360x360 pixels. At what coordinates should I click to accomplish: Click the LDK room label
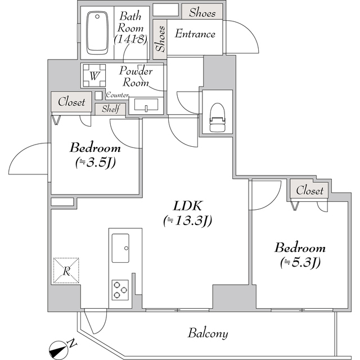point(186,206)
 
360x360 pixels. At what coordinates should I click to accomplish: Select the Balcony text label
point(208,334)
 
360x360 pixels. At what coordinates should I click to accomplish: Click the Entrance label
point(195,34)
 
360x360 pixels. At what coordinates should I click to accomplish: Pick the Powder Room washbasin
point(146,106)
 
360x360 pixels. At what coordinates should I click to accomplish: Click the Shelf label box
point(110,109)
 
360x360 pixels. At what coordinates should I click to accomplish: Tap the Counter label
point(117,96)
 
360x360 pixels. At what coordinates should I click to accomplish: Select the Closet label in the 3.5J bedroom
point(71,102)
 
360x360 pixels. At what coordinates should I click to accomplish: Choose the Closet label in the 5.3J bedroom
point(310,191)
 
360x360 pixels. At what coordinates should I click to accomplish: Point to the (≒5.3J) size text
point(300,262)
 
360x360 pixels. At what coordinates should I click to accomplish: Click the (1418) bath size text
point(130,39)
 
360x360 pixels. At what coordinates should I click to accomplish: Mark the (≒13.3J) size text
point(187,220)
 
